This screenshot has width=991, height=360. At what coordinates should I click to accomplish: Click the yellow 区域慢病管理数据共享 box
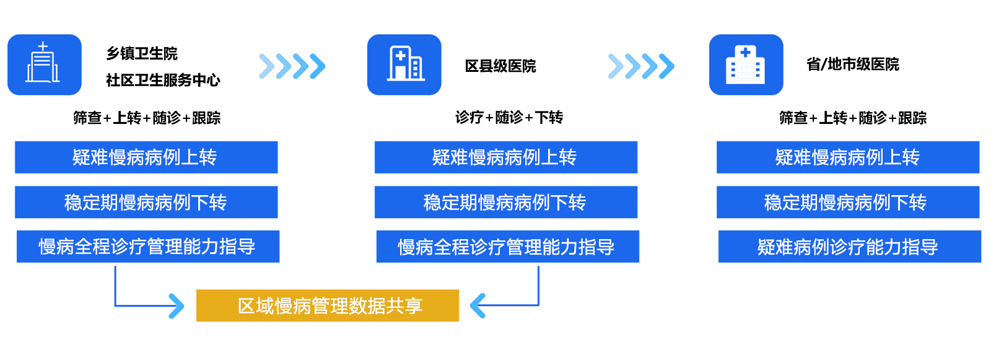click(x=328, y=305)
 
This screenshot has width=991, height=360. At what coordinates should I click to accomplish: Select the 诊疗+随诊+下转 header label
click(x=509, y=117)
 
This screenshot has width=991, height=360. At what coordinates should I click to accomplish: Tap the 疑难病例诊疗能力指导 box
click(x=849, y=247)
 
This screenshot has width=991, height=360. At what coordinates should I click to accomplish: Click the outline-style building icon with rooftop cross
click(x=43, y=64)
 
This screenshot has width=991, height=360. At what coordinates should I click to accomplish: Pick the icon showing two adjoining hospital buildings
click(x=404, y=64)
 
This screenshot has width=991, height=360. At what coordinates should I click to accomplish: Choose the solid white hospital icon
click(x=746, y=65)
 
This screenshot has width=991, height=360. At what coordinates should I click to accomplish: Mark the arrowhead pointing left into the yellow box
click(x=475, y=305)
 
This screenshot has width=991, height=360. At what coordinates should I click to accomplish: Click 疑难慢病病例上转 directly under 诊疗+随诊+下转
click(x=505, y=157)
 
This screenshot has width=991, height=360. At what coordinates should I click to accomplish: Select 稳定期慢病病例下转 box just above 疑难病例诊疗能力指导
click(x=847, y=203)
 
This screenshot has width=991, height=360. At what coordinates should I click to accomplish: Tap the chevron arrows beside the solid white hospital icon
click(x=640, y=66)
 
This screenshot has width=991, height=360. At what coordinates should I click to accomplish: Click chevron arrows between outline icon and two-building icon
click(x=292, y=66)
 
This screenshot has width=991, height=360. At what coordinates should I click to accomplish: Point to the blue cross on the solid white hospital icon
click(x=746, y=53)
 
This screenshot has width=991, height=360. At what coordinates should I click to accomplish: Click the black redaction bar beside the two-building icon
click(x=500, y=66)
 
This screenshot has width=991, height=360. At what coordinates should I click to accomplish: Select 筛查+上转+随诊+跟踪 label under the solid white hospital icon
click(x=852, y=118)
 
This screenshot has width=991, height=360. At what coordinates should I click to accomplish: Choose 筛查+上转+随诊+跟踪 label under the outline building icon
click(x=147, y=118)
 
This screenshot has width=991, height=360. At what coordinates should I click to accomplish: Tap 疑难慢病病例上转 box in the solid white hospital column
click(x=847, y=157)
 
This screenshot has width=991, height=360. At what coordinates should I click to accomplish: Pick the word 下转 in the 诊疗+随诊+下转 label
click(x=549, y=117)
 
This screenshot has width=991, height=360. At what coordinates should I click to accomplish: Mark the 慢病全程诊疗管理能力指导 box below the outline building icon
click(x=147, y=247)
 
